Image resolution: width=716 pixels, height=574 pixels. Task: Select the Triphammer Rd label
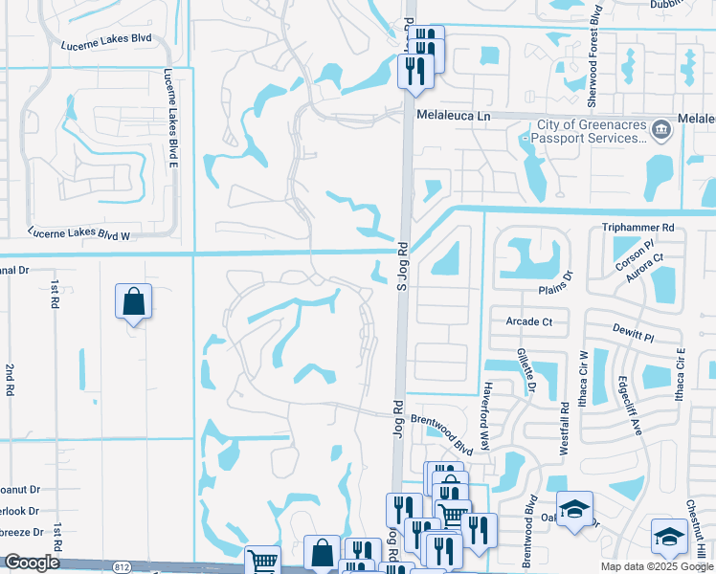tap(638, 228)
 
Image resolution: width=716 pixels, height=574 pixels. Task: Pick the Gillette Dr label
tap(525, 371)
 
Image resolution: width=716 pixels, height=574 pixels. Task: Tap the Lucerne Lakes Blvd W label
tap(78, 232)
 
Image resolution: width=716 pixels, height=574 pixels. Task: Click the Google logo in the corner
tap(31, 563)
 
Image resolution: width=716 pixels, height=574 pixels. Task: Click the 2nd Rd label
tap(10, 380)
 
